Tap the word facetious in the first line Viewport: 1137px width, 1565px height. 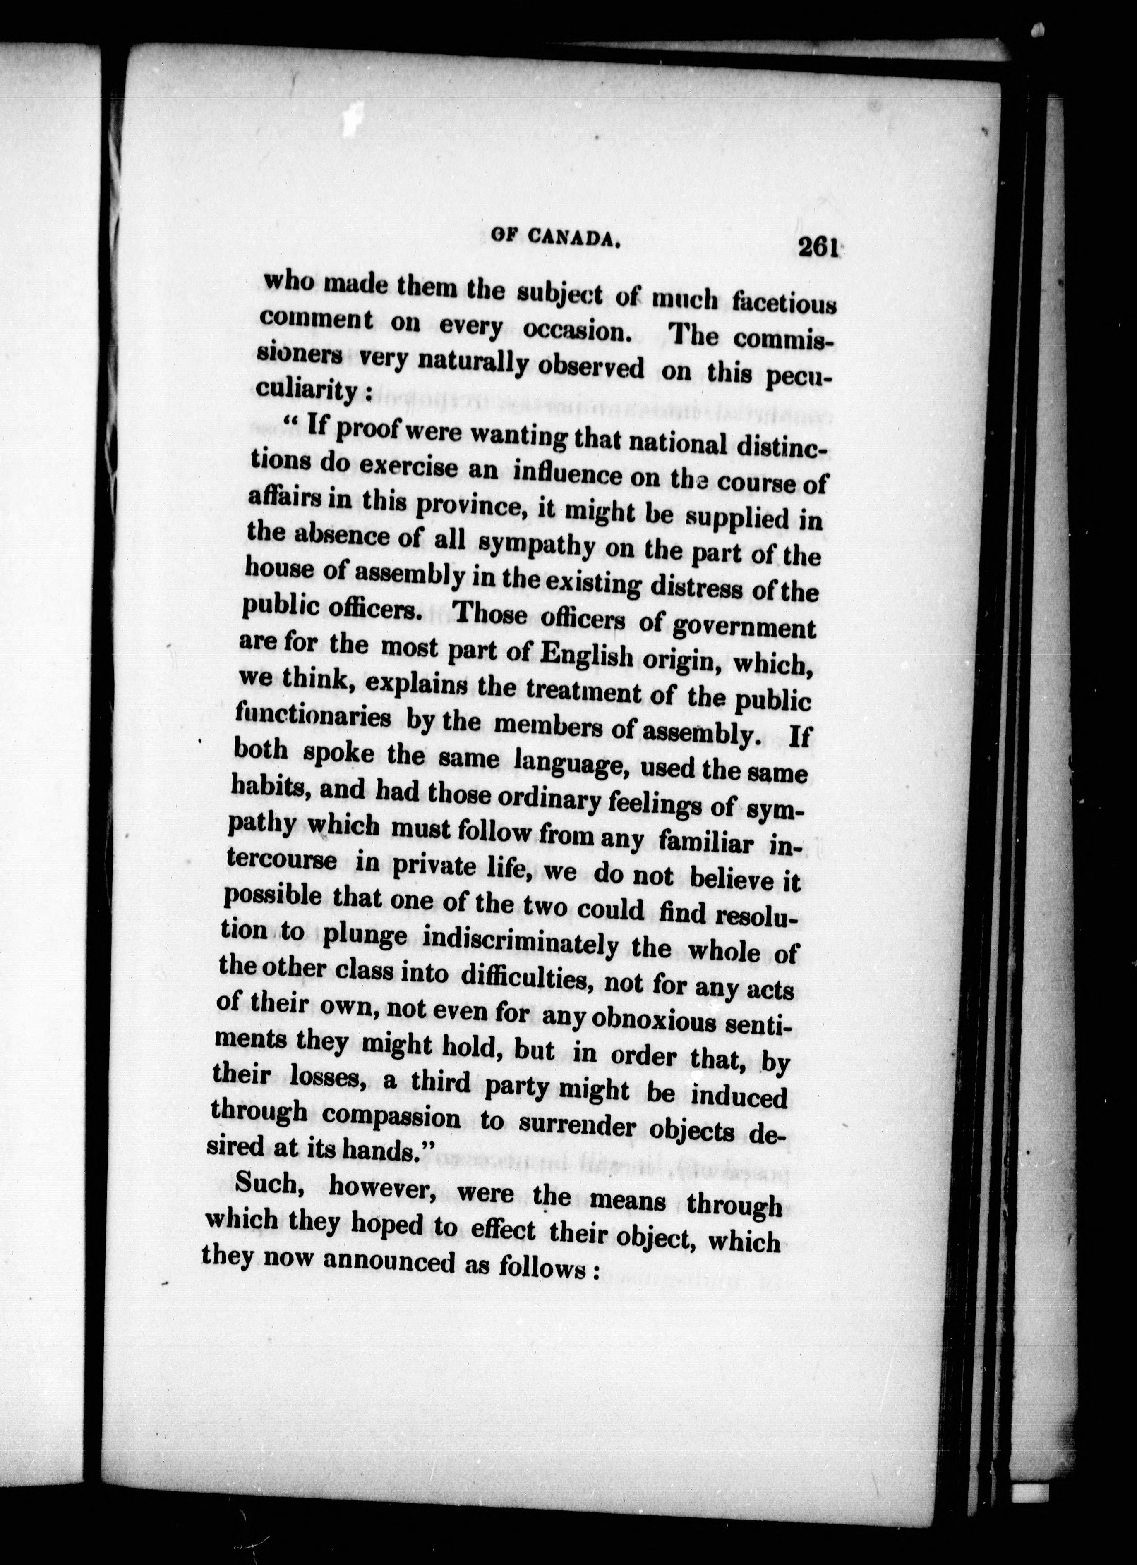(784, 304)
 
